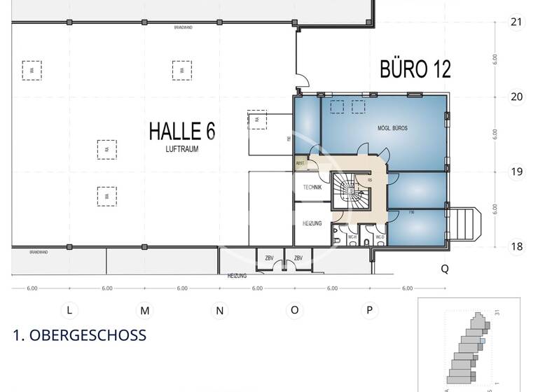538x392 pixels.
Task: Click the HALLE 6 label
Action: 181,131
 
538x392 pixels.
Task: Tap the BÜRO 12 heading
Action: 415,69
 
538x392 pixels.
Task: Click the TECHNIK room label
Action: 311,188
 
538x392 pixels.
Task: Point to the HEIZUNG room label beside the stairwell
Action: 311,223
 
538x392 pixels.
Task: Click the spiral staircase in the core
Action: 347,190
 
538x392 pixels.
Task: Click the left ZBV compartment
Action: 269,259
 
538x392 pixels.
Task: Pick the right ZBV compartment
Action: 298,259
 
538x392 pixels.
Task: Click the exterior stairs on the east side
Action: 466,224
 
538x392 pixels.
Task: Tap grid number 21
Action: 517,22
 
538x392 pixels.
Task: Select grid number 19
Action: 517,171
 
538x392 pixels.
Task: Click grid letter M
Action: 144,310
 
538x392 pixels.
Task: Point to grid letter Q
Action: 444,268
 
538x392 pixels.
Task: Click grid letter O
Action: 294,310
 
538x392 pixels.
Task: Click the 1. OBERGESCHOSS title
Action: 80,335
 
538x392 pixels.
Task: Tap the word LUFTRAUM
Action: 181,149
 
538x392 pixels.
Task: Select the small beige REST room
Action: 300,164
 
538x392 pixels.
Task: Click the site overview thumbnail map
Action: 469,346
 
